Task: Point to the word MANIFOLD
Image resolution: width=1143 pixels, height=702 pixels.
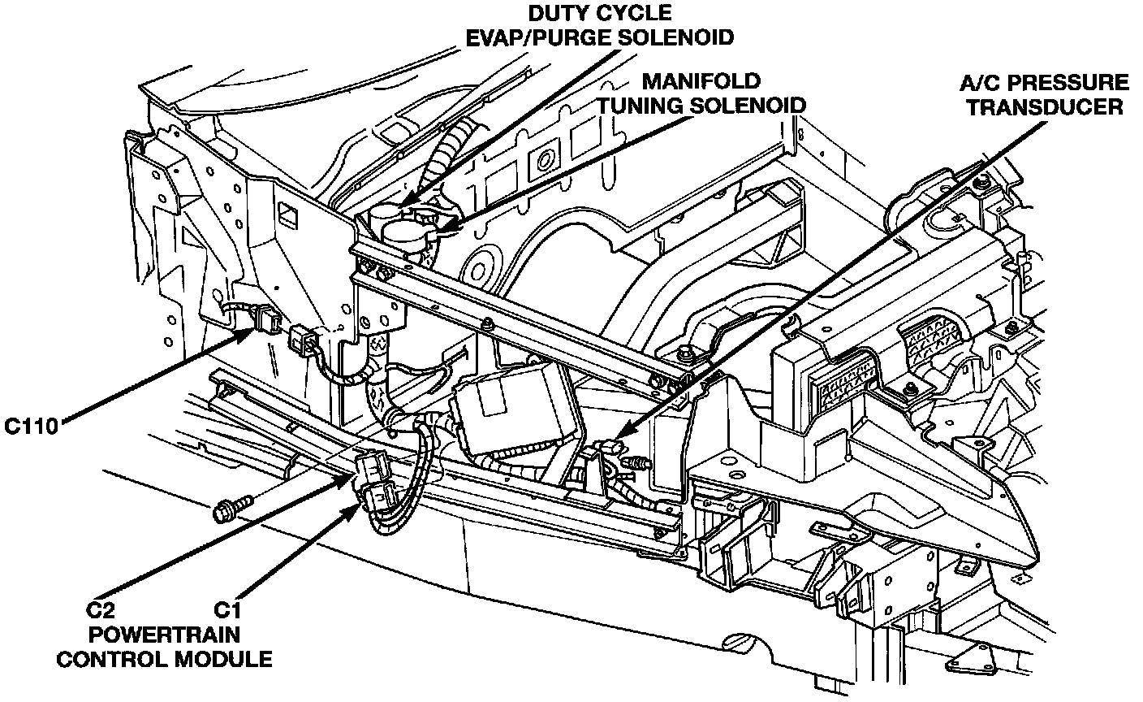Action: (x=701, y=81)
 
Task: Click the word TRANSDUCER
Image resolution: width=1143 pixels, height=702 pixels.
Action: (x=1045, y=107)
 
